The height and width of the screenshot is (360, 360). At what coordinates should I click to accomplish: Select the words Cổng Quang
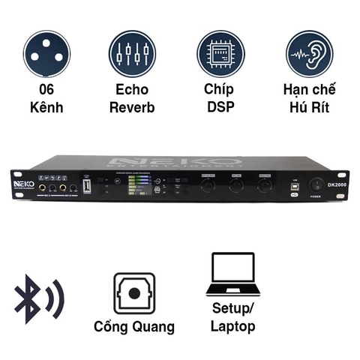134,326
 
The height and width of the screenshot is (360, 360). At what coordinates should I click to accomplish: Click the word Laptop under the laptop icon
232,326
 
